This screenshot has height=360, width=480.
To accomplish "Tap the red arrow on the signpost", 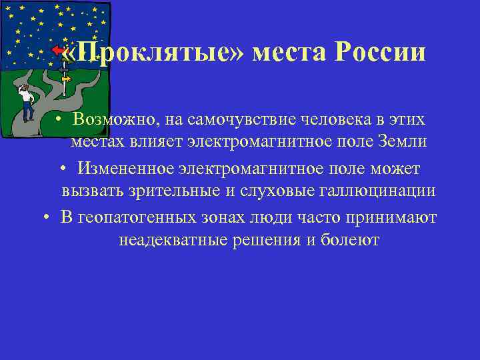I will pos(59,51).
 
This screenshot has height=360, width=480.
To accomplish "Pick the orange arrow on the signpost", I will pos(65,78).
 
